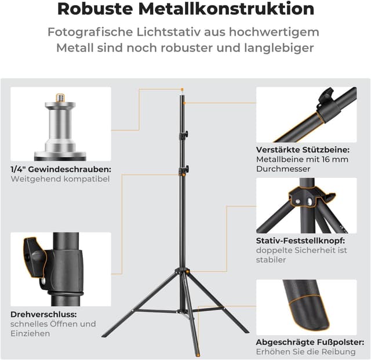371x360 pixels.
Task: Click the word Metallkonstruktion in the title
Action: point(226,9)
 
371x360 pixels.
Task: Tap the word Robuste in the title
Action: point(95,9)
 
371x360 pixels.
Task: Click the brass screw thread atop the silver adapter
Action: point(60,97)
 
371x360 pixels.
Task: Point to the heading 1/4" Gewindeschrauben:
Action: point(61,169)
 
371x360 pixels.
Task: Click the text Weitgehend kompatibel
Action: point(60,179)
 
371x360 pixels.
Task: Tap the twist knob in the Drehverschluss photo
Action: point(35,257)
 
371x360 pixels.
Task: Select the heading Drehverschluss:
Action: point(43,314)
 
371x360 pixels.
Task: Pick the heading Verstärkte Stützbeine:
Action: point(303,150)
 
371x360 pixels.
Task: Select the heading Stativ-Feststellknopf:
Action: point(300,241)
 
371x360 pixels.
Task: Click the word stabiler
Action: point(271,260)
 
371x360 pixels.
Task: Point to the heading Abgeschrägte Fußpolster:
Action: point(310,342)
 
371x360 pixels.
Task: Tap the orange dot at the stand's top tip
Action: point(182,89)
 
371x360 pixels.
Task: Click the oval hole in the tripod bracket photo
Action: point(310,201)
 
